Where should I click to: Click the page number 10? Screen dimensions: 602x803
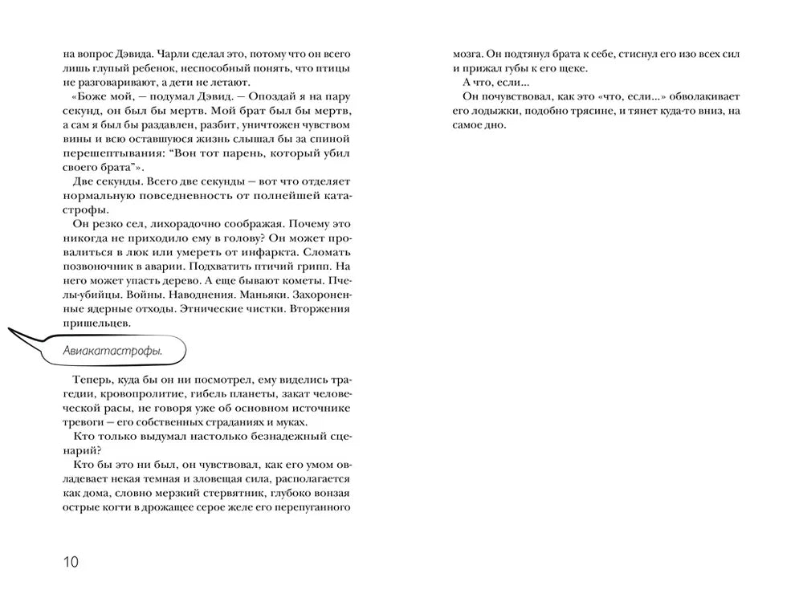point(71,561)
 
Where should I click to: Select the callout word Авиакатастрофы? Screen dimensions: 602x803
point(113,351)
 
